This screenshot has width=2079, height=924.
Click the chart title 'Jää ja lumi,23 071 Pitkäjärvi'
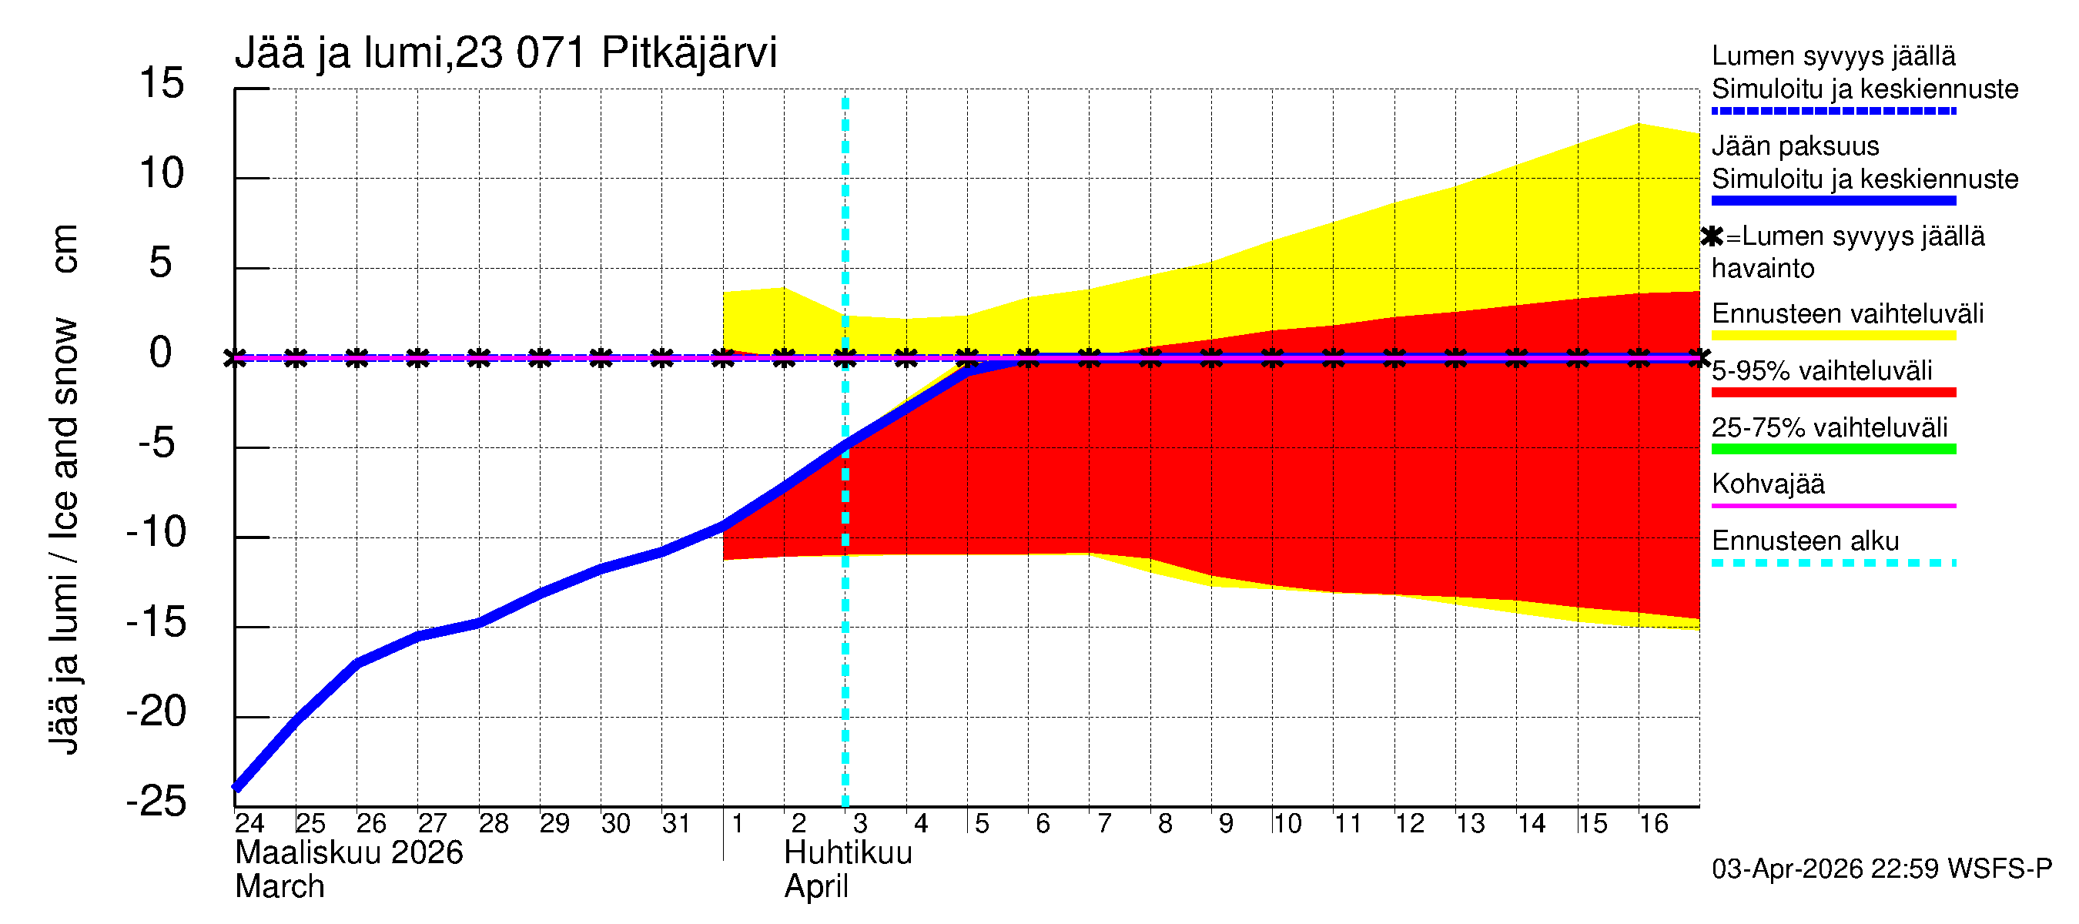[x=505, y=53]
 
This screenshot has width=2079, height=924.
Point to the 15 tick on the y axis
[x=162, y=84]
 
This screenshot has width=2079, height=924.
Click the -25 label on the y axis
[x=156, y=802]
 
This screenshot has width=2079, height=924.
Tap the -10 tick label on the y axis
[x=156, y=533]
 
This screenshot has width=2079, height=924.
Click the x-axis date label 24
[x=249, y=824]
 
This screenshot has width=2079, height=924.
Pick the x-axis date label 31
[x=676, y=824]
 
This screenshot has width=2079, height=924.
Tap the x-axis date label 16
[x=1653, y=824]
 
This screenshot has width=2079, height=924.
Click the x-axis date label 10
[x=1287, y=824]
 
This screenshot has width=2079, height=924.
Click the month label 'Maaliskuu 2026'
[x=349, y=854]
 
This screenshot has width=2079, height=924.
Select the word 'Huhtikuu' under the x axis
[x=848, y=854]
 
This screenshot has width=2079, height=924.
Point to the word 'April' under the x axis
[x=816, y=888]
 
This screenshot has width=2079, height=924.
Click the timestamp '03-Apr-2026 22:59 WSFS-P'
[x=1881, y=869]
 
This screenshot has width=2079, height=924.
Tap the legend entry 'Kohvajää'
[x=1768, y=484]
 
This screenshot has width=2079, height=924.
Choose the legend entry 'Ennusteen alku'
[x=1806, y=541]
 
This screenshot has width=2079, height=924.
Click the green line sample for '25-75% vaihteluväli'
[x=1833, y=450]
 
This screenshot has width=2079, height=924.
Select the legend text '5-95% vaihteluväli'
[x=1822, y=371]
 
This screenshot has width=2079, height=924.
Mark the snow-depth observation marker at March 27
[x=417, y=357]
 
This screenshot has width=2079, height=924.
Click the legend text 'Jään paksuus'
[x=1795, y=146]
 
